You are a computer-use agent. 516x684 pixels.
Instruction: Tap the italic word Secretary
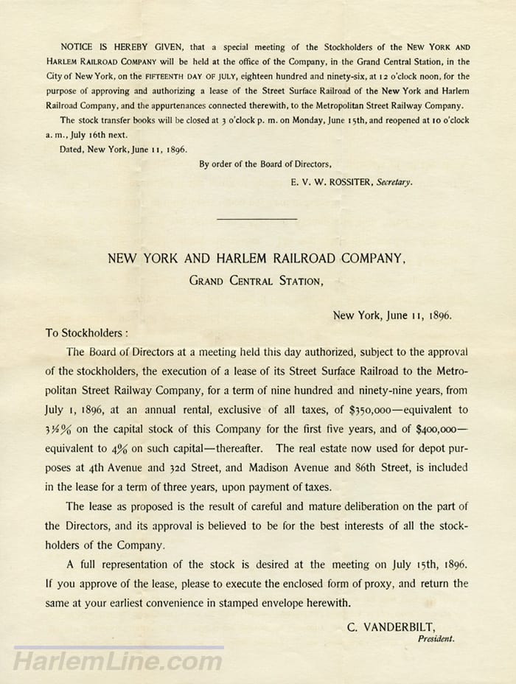point(394,181)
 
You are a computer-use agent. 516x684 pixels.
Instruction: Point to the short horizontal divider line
point(257,219)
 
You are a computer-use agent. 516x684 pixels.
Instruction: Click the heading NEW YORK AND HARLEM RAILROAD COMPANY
point(257,259)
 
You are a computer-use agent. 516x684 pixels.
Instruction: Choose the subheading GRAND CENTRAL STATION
point(255,280)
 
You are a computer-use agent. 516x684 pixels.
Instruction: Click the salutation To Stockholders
point(87,332)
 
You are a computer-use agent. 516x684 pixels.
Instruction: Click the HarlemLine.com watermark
point(118,661)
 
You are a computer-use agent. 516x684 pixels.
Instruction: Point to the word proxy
point(383,584)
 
